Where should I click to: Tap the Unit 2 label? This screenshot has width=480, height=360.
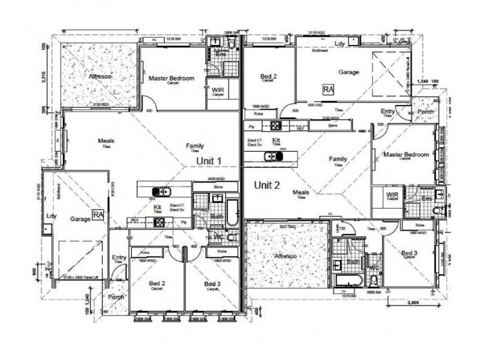pyautogui.click(x=267, y=185)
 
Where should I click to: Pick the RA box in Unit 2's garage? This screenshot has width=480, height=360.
pyautogui.click(x=328, y=89)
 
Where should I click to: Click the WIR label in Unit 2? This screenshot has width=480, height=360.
pyautogui.click(x=393, y=195)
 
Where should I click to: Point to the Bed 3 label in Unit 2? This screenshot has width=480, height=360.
pyautogui.click(x=409, y=254)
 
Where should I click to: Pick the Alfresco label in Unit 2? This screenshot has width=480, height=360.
pyautogui.click(x=286, y=256)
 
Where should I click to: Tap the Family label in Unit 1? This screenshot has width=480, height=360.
pyautogui.click(x=194, y=146)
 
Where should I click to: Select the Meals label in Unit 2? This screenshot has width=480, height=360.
pyautogui.click(x=301, y=193)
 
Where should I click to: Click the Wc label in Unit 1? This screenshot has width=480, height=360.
pyautogui.click(x=218, y=236)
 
